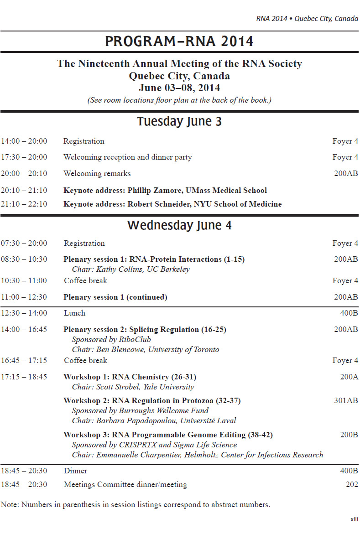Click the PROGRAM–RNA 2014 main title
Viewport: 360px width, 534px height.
coord(179,41)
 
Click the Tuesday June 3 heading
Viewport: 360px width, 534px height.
coord(179,122)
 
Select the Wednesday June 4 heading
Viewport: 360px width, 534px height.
coord(179,225)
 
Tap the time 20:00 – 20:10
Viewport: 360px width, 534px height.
coord(24,173)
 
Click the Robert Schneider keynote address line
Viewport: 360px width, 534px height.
coord(172,204)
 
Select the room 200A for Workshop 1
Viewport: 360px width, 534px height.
coord(349,377)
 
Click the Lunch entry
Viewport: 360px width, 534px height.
coord(74,313)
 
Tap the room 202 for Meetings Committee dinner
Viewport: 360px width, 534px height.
coord(352,484)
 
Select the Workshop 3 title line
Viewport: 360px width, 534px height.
coord(168,435)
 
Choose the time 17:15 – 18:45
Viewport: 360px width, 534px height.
coord(24,377)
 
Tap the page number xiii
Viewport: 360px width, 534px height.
coord(354,519)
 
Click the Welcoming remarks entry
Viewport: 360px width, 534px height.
coord(97,173)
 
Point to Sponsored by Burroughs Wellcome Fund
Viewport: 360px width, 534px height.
coord(140,410)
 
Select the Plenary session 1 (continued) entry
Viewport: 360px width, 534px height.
coord(115,297)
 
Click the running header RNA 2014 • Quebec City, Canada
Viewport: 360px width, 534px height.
coord(307,19)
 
